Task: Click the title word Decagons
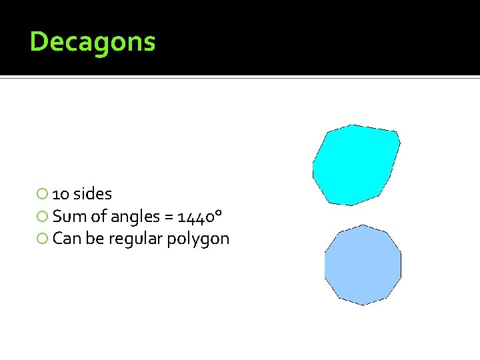click(93, 42)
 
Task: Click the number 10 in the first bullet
click(61, 195)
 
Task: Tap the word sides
click(93, 194)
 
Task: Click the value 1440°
click(199, 216)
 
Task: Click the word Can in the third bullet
click(66, 239)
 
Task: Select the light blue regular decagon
click(363, 265)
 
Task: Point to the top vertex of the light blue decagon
click(363, 225)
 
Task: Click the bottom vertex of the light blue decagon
click(363, 305)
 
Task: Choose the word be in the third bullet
click(94, 239)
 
